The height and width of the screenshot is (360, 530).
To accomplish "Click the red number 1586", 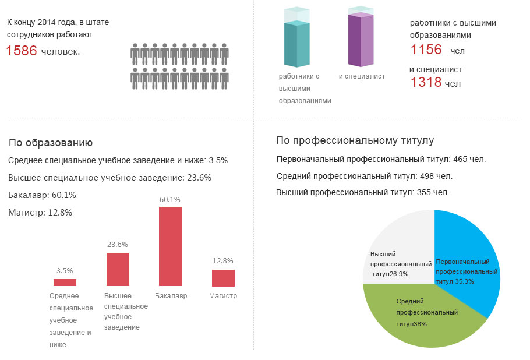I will (22, 51).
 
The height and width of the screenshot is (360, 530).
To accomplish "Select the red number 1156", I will (426, 50).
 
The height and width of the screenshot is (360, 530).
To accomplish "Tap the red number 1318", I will (426, 82).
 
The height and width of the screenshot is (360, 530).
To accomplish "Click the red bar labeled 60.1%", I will (170, 246).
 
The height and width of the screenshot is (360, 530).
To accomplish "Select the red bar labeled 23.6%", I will (118, 269).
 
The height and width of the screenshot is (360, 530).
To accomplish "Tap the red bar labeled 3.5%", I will (65, 283).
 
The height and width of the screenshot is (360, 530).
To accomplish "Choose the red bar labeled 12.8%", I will (223, 278).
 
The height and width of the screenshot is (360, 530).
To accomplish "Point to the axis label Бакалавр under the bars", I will (171, 296).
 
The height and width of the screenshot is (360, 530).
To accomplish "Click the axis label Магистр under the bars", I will (223, 296).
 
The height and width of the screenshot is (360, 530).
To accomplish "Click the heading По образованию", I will (51, 143).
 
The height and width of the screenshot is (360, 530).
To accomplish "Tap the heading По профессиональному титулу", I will (355, 141).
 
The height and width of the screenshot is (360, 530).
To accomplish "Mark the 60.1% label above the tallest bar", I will (170, 200).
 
